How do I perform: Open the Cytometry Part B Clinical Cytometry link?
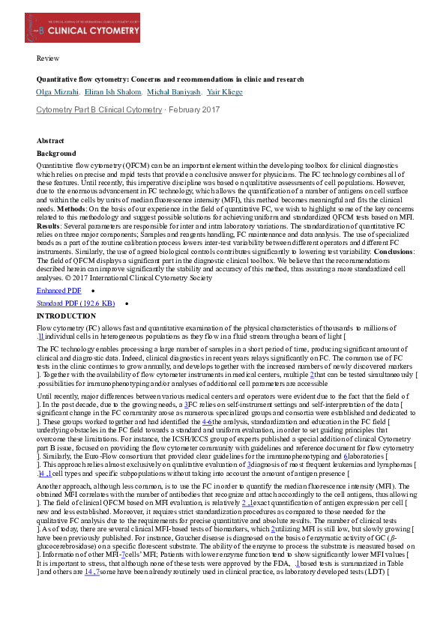tap(99, 110)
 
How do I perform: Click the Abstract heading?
tap(50, 141)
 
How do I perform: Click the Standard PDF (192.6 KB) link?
tap(76, 304)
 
